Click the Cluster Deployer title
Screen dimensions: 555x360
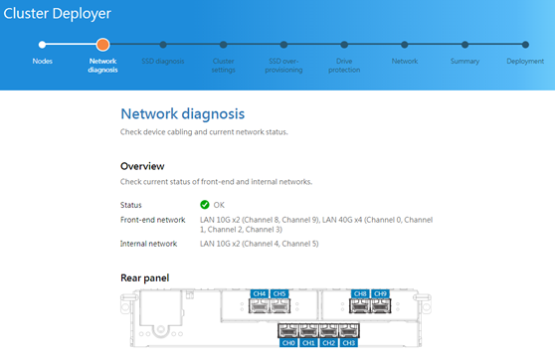point(57,14)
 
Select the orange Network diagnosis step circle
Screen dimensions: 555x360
point(102,45)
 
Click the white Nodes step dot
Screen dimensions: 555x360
point(42,45)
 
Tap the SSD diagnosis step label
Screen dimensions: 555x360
point(163,62)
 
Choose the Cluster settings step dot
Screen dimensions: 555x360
point(224,45)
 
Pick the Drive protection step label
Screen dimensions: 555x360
point(344,66)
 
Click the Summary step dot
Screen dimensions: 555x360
point(465,45)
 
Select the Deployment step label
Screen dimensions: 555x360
point(525,62)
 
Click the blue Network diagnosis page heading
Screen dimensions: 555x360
point(183,114)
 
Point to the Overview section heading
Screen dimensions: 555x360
point(142,166)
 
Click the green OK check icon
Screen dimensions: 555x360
point(205,205)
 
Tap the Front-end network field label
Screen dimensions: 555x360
point(152,220)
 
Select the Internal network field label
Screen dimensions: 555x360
point(148,244)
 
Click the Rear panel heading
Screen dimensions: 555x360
point(145,277)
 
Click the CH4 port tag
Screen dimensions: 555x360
point(260,293)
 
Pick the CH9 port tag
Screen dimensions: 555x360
point(380,293)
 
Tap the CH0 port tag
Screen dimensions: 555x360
point(288,343)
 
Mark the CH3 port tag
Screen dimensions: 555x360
point(349,343)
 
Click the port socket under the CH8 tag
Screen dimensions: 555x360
point(360,306)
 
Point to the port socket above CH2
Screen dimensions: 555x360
point(329,330)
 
